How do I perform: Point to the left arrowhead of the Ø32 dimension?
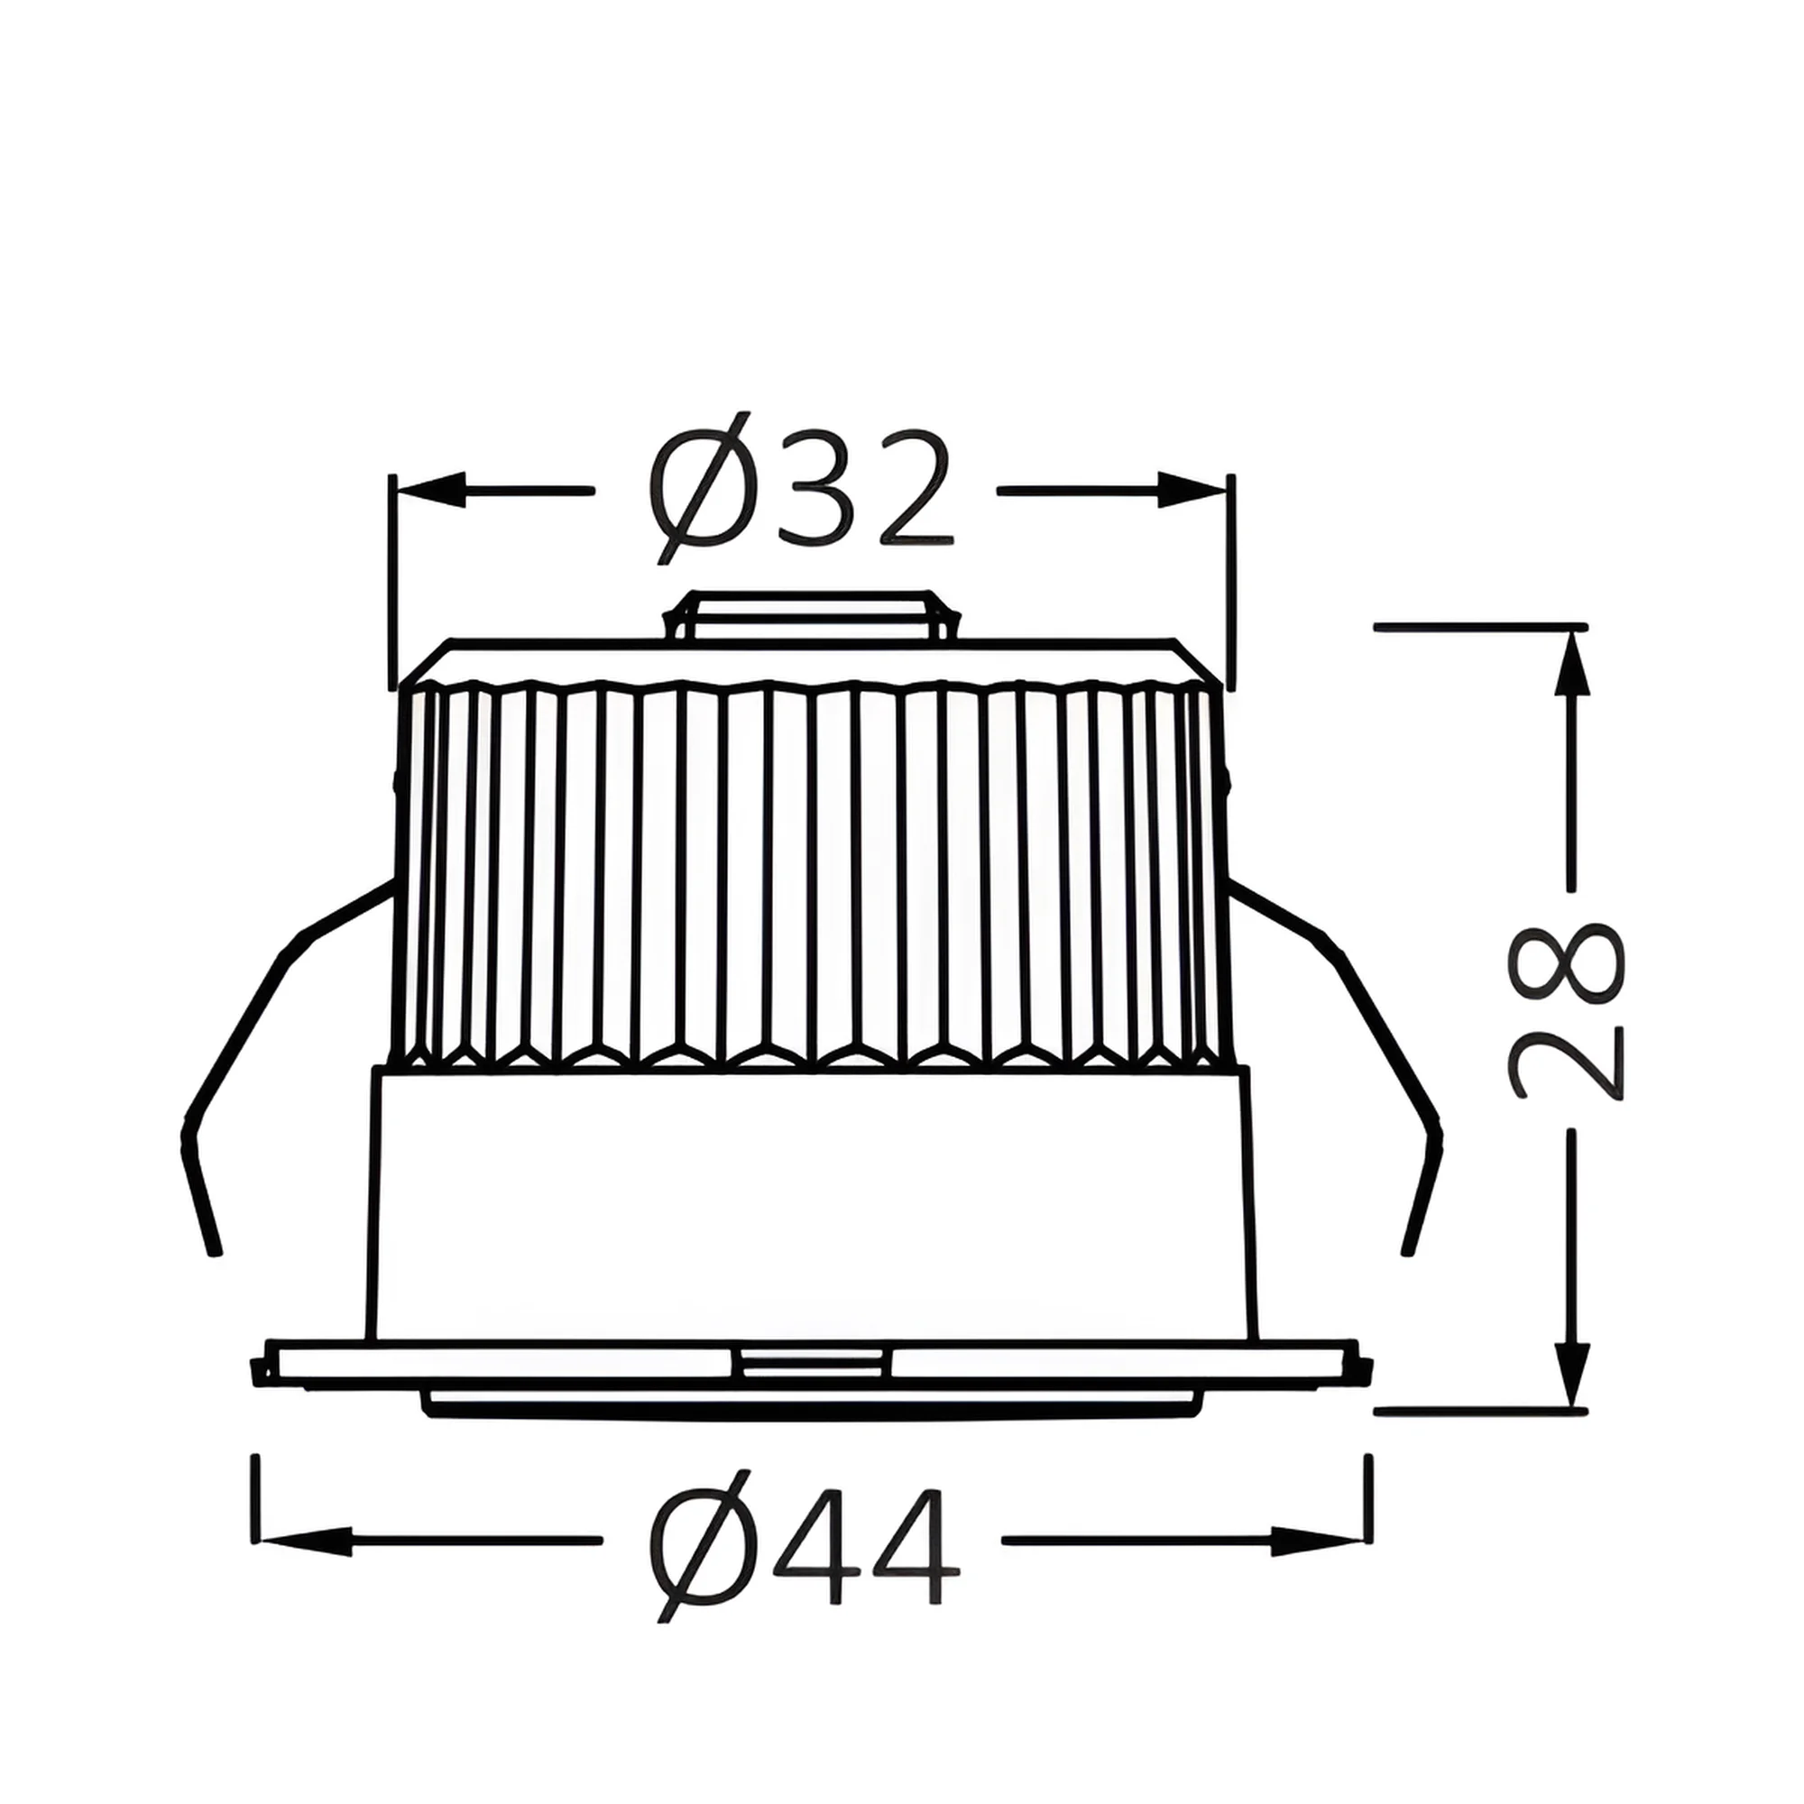click(x=431, y=489)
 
